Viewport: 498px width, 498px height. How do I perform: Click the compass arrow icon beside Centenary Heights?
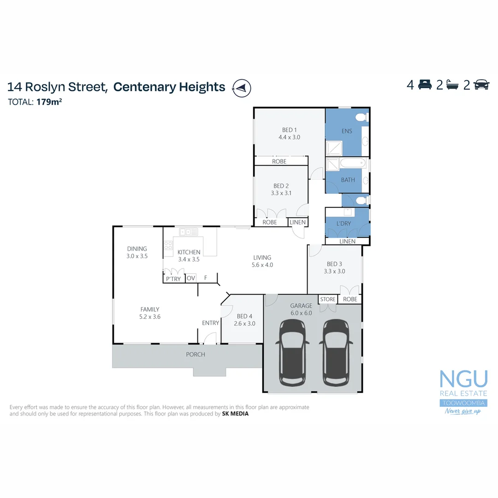pyautogui.click(x=242, y=88)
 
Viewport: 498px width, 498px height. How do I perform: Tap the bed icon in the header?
pyautogui.click(x=425, y=85)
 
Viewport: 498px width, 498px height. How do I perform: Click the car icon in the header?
pyautogui.click(x=481, y=85)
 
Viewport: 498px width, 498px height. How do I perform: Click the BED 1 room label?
pyautogui.click(x=289, y=130)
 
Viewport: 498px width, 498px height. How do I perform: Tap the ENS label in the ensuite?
pyautogui.click(x=347, y=131)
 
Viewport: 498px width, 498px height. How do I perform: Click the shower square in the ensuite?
pyautogui.click(x=333, y=148)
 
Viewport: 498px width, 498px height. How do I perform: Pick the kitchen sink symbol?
pyautogui.click(x=189, y=232)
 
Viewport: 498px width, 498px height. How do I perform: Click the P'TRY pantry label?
pyautogui.click(x=173, y=279)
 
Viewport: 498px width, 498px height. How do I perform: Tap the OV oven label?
pyautogui.click(x=191, y=279)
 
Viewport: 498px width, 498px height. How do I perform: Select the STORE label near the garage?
pyautogui.click(x=328, y=299)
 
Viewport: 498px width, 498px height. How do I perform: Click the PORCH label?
pyautogui.click(x=196, y=355)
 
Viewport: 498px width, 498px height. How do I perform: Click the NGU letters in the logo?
pyautogui.click(x=463, y=379)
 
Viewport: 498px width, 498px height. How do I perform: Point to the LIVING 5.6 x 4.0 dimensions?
pyautogui.click(x=262, y=265)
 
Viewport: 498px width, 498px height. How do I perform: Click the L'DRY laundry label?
pyautogui.click(x=344, y=224)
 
